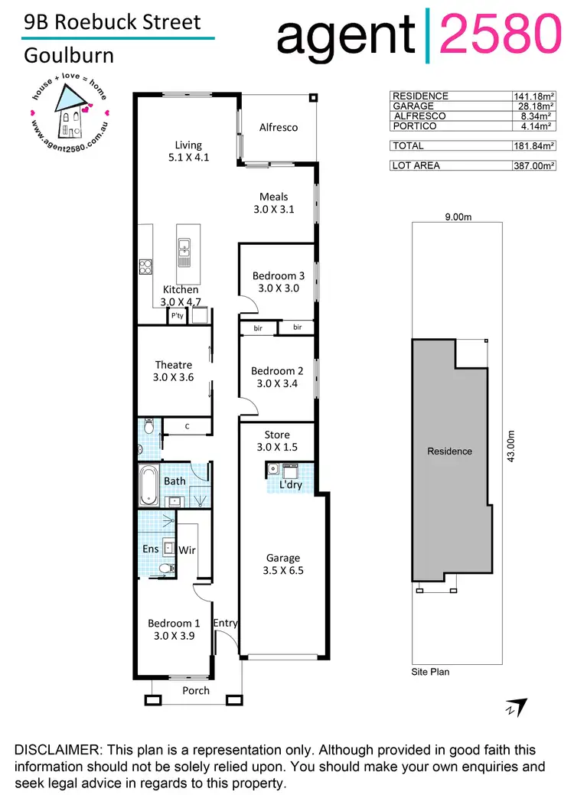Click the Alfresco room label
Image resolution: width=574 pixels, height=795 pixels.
coord(278,127)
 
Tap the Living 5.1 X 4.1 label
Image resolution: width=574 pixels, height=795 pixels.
coord(188,151)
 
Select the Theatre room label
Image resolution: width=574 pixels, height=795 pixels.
coord(173,370)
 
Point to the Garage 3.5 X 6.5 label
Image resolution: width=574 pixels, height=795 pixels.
coord(283,563)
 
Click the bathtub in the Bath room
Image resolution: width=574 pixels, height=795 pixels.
coord(148,485)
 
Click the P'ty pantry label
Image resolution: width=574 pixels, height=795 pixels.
coord(178,315)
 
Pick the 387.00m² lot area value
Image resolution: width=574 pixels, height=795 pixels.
coord(534,165)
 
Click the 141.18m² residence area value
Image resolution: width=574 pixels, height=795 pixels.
coord(534,96)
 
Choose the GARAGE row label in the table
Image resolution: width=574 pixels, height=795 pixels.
coord(413,106)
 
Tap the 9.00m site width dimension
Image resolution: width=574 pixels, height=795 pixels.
coord(458,217)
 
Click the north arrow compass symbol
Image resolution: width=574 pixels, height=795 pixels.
coord(515,707)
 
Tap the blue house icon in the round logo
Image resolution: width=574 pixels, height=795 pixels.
coord(71,107)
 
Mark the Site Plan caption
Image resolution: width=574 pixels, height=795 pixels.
coord(431,672)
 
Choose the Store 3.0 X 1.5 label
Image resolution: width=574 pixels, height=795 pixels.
coord(276,441)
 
